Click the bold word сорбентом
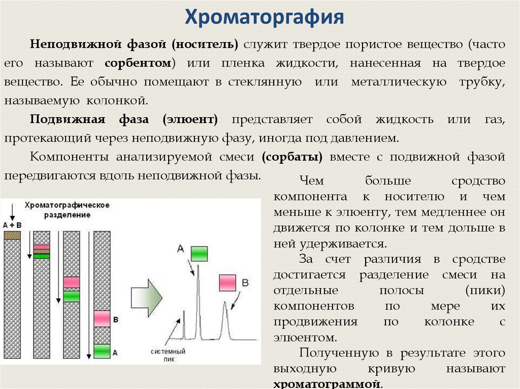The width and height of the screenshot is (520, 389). coord(138,63)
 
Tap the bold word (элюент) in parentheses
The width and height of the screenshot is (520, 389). coord(190,120)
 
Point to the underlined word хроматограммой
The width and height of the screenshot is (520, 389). coord(327,384)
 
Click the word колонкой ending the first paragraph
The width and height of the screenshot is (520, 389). coord(120,100)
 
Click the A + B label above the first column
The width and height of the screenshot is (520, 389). coord(12,224)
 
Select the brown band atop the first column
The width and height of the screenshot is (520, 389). coord(12,235)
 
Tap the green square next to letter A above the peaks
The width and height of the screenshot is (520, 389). coord(199,253)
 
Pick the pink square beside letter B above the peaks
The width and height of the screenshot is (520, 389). coord(227,281)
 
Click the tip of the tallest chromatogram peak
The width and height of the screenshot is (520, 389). coord(198,266)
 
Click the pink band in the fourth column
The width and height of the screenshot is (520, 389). coord(102,319)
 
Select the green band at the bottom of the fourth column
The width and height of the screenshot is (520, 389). coord(102,351)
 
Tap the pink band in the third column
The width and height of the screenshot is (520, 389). coord(72,282)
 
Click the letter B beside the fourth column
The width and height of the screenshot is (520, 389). coord(115,320)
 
